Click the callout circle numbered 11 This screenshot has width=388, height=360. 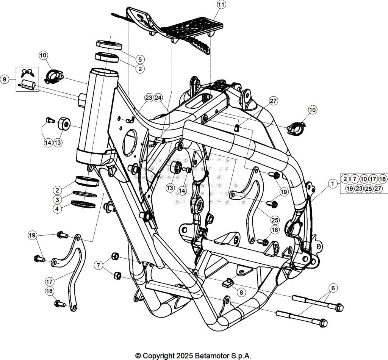pyautogui.click(x=221, y=5)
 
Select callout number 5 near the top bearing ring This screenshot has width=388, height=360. pyautogui.click(x=140, y=59)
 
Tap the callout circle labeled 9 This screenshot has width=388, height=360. pyautogui.click(x=5, y=80)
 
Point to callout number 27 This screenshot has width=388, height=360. pyautogui.click(x=273, y=101)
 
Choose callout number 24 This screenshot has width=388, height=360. pyautogui.click(x=158, y=98)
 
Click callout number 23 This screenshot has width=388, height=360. pyautogui.click(x=149, y=98)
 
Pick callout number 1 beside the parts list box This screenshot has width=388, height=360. pyautogui.click(x=333, y=184)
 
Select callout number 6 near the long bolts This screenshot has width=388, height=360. pyautogui.click(x=333, y=288)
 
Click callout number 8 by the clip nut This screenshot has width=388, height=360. pyautogui.click(x=241, y=293)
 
